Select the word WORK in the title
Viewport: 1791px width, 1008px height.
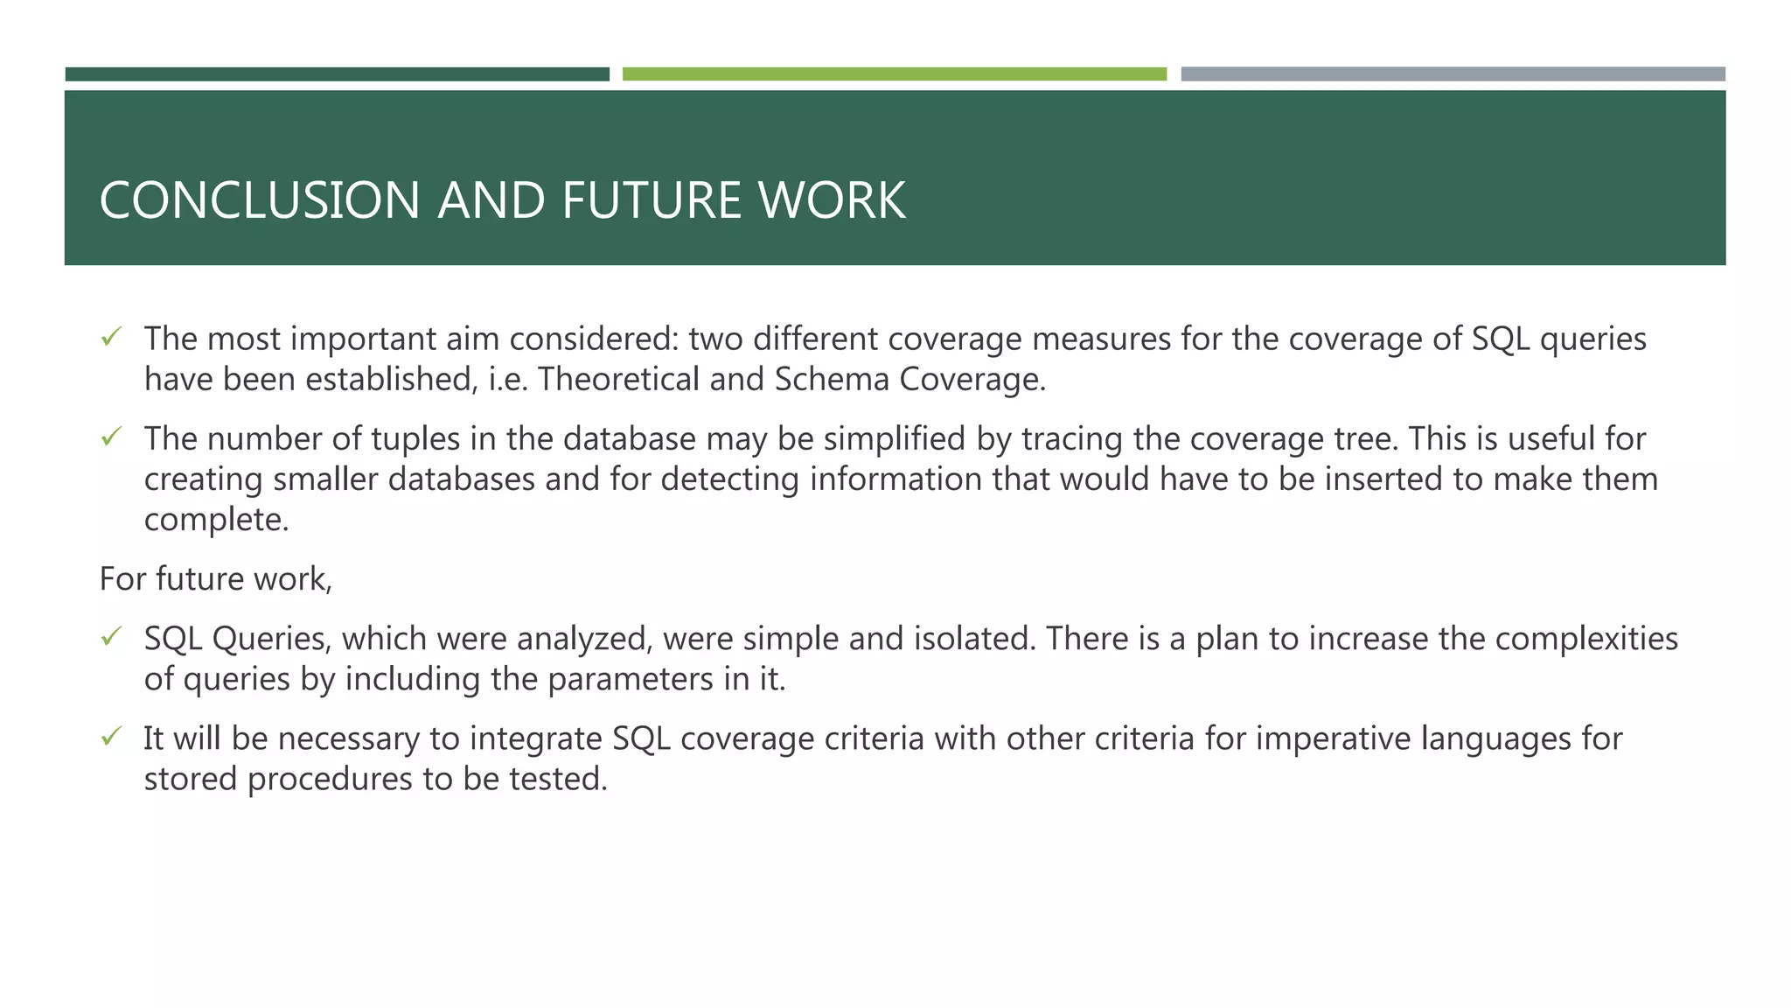pyautogui.click(x=831, y=200)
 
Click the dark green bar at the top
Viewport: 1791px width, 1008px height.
pyautogui.click(x=337, y=74)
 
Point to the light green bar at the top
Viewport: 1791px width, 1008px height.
pyautogui.click(x=894, y=74)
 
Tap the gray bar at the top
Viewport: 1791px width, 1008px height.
pyautogui.click(x=1453, y=74)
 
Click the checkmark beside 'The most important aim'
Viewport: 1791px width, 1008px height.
pyautogui.click(x=110, y=337)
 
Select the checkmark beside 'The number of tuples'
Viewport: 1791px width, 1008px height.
pyautogui.click(x=110, y=437)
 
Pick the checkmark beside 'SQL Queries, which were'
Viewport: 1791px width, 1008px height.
pyautogui.click(x=110, y=637)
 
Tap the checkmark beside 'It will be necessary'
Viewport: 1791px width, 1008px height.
pyautogui.click(x=110, y=737)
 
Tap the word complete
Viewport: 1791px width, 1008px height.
pyautogui.click(x=215, y=520)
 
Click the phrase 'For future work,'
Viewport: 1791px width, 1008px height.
pyautogui.click(x=216, y=579)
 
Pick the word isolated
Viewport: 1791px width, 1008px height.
pyautogui.click(x=974, y=639)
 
